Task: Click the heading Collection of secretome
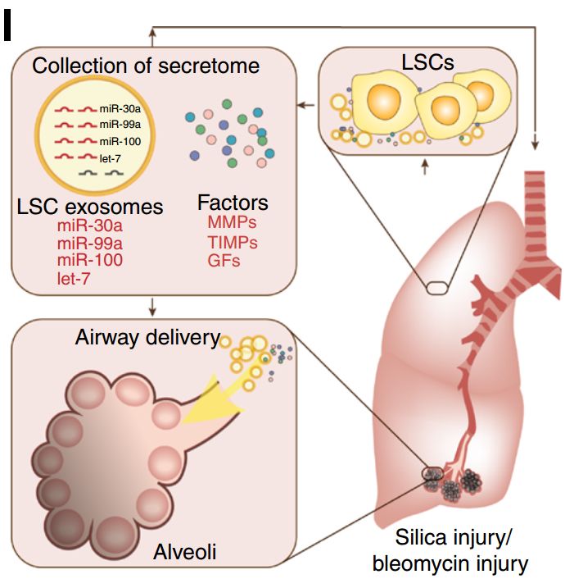146,66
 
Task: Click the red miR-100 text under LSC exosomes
90,261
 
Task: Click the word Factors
233,202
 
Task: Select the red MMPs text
233,222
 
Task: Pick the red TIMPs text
233,242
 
